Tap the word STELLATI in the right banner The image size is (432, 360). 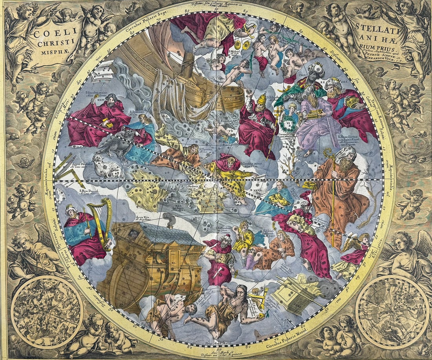(x=373, y=28)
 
